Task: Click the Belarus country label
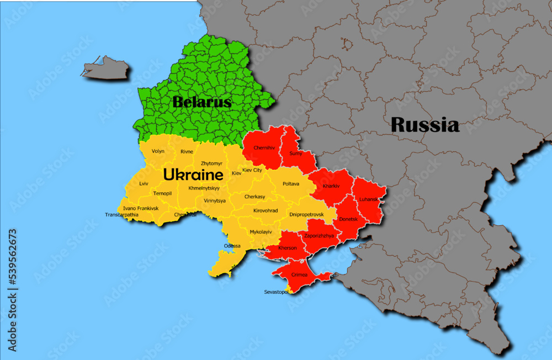[201, 102]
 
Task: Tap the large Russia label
[424, 125]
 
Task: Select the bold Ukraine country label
[193, 175]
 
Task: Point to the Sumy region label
[296, 153]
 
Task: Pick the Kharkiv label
[331, 186]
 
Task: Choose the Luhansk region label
[369, 199]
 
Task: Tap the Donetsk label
[349, 219]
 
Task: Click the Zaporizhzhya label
[320, 235]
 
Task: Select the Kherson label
[288, 248]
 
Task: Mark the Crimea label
[300, 274]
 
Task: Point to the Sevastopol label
[277, 292]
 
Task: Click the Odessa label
[232, 246]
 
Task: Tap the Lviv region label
[144, 183]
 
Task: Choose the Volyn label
[158, 151]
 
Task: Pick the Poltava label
[291, 183]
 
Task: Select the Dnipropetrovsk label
[306, 214]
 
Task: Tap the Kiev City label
[252, 171]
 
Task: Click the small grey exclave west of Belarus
[107, 68]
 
